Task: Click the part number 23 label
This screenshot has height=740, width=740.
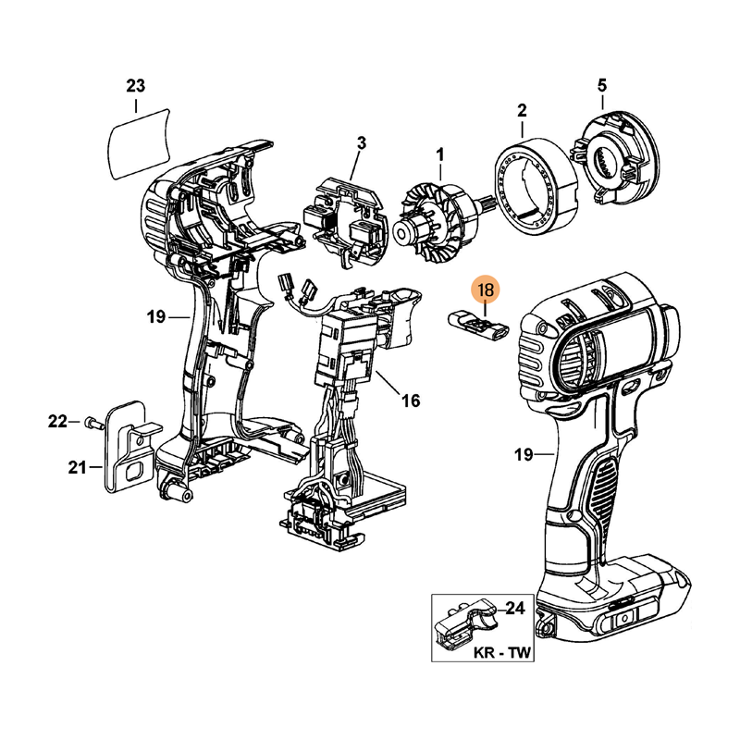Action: pos(136,87)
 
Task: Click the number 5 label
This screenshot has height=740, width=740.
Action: pos(601,86)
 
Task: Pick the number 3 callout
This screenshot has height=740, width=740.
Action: pos(362,142)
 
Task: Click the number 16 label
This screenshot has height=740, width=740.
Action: pos(411,401)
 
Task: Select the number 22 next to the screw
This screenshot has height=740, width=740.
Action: pos(58,422)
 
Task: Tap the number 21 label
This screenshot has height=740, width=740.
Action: pos(78,468)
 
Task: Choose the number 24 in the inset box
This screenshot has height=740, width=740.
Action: pos(516,609)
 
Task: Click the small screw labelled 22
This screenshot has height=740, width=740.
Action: pos(91,423)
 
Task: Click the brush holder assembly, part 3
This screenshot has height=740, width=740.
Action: pos(343,214)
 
